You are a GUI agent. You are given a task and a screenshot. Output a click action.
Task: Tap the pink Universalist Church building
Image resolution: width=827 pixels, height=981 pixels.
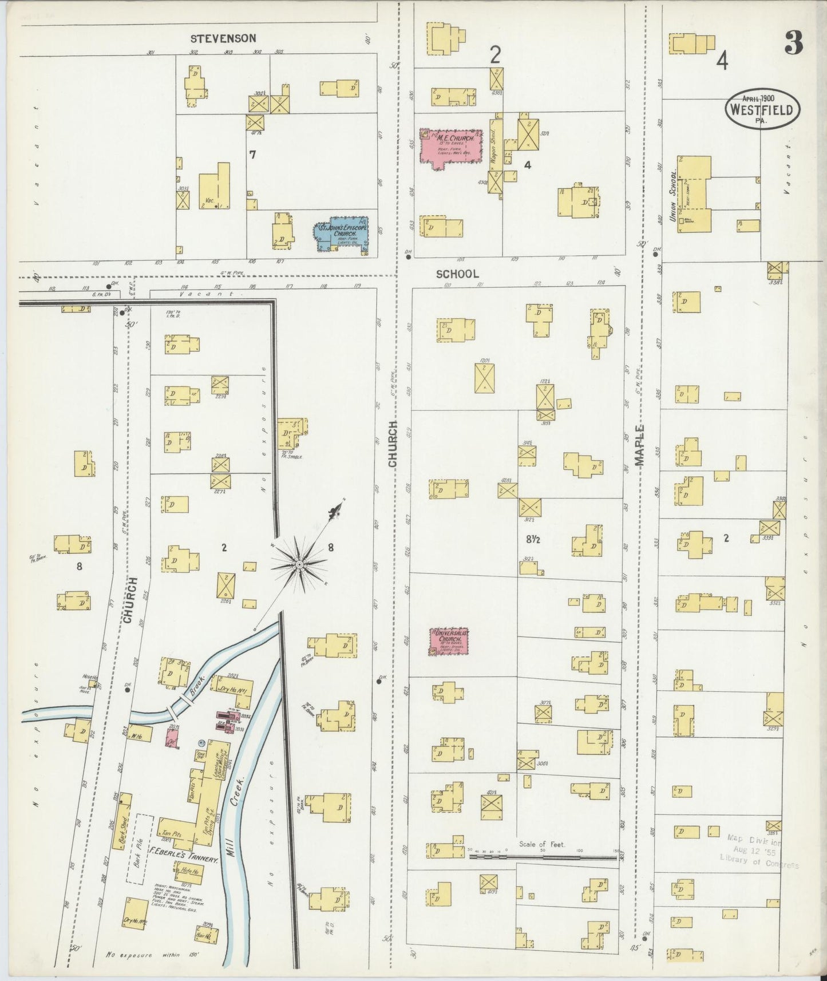[x=450, y=641]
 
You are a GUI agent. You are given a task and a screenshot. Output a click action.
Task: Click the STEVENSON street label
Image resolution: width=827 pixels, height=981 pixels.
[x=223, y=38]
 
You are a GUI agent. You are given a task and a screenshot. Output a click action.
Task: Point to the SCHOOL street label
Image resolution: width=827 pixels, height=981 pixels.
[x=457, y=274]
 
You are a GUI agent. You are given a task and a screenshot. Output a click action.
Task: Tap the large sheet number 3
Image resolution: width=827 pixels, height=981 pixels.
[x=793, y=43]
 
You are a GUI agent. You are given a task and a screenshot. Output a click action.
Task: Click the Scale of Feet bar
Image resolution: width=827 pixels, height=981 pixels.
[x=542, y=857]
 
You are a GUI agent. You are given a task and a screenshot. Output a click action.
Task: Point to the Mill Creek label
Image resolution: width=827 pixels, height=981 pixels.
[x=241, y=801]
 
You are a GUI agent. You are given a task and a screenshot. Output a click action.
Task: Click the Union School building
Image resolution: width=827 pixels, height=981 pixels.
[x=694, y=195]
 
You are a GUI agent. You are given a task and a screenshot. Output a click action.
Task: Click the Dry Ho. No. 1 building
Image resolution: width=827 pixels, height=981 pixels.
[x=232, y=688]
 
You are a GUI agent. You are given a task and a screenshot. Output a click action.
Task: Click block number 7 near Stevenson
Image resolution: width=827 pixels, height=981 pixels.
[x=252, y=155]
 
